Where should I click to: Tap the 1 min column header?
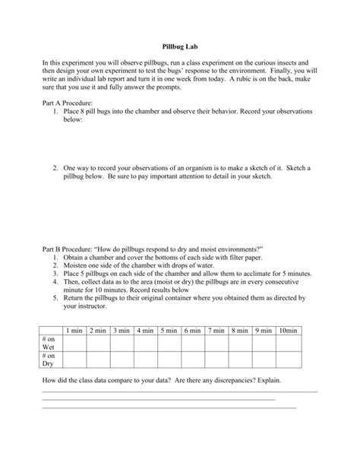pyautogui.click(x=74, y=331)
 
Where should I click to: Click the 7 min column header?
pyautogui.click(x=216, y=331)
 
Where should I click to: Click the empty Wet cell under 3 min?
pyautogui.click(x=121, y=341)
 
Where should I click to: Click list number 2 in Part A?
pyautogui.click(x=56, y=166)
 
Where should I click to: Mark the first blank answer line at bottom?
pyautogui.click(x=179, y=391)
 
